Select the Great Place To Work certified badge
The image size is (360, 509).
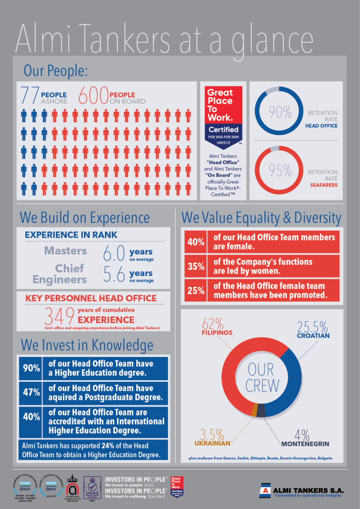223,115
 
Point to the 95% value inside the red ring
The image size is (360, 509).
280,171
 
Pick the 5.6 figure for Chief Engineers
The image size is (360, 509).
113,274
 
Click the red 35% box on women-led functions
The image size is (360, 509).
195,266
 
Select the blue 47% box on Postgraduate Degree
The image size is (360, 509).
31,392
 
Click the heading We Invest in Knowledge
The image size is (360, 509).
87,344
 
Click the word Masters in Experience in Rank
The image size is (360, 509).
66,251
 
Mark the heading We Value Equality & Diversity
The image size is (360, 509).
261,218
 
